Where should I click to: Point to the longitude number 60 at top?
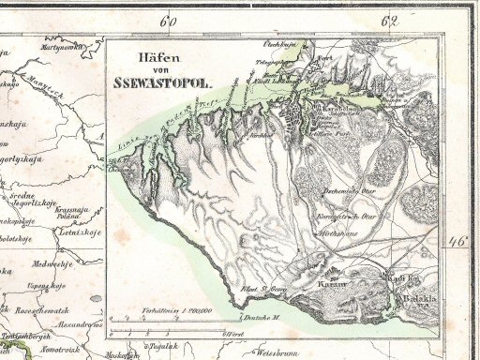point(168,19)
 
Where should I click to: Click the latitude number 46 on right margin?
point(458,242)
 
